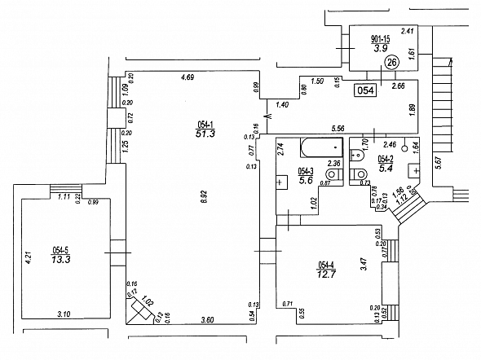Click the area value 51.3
205,134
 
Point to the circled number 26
391,61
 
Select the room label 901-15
380,39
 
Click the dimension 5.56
338,128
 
